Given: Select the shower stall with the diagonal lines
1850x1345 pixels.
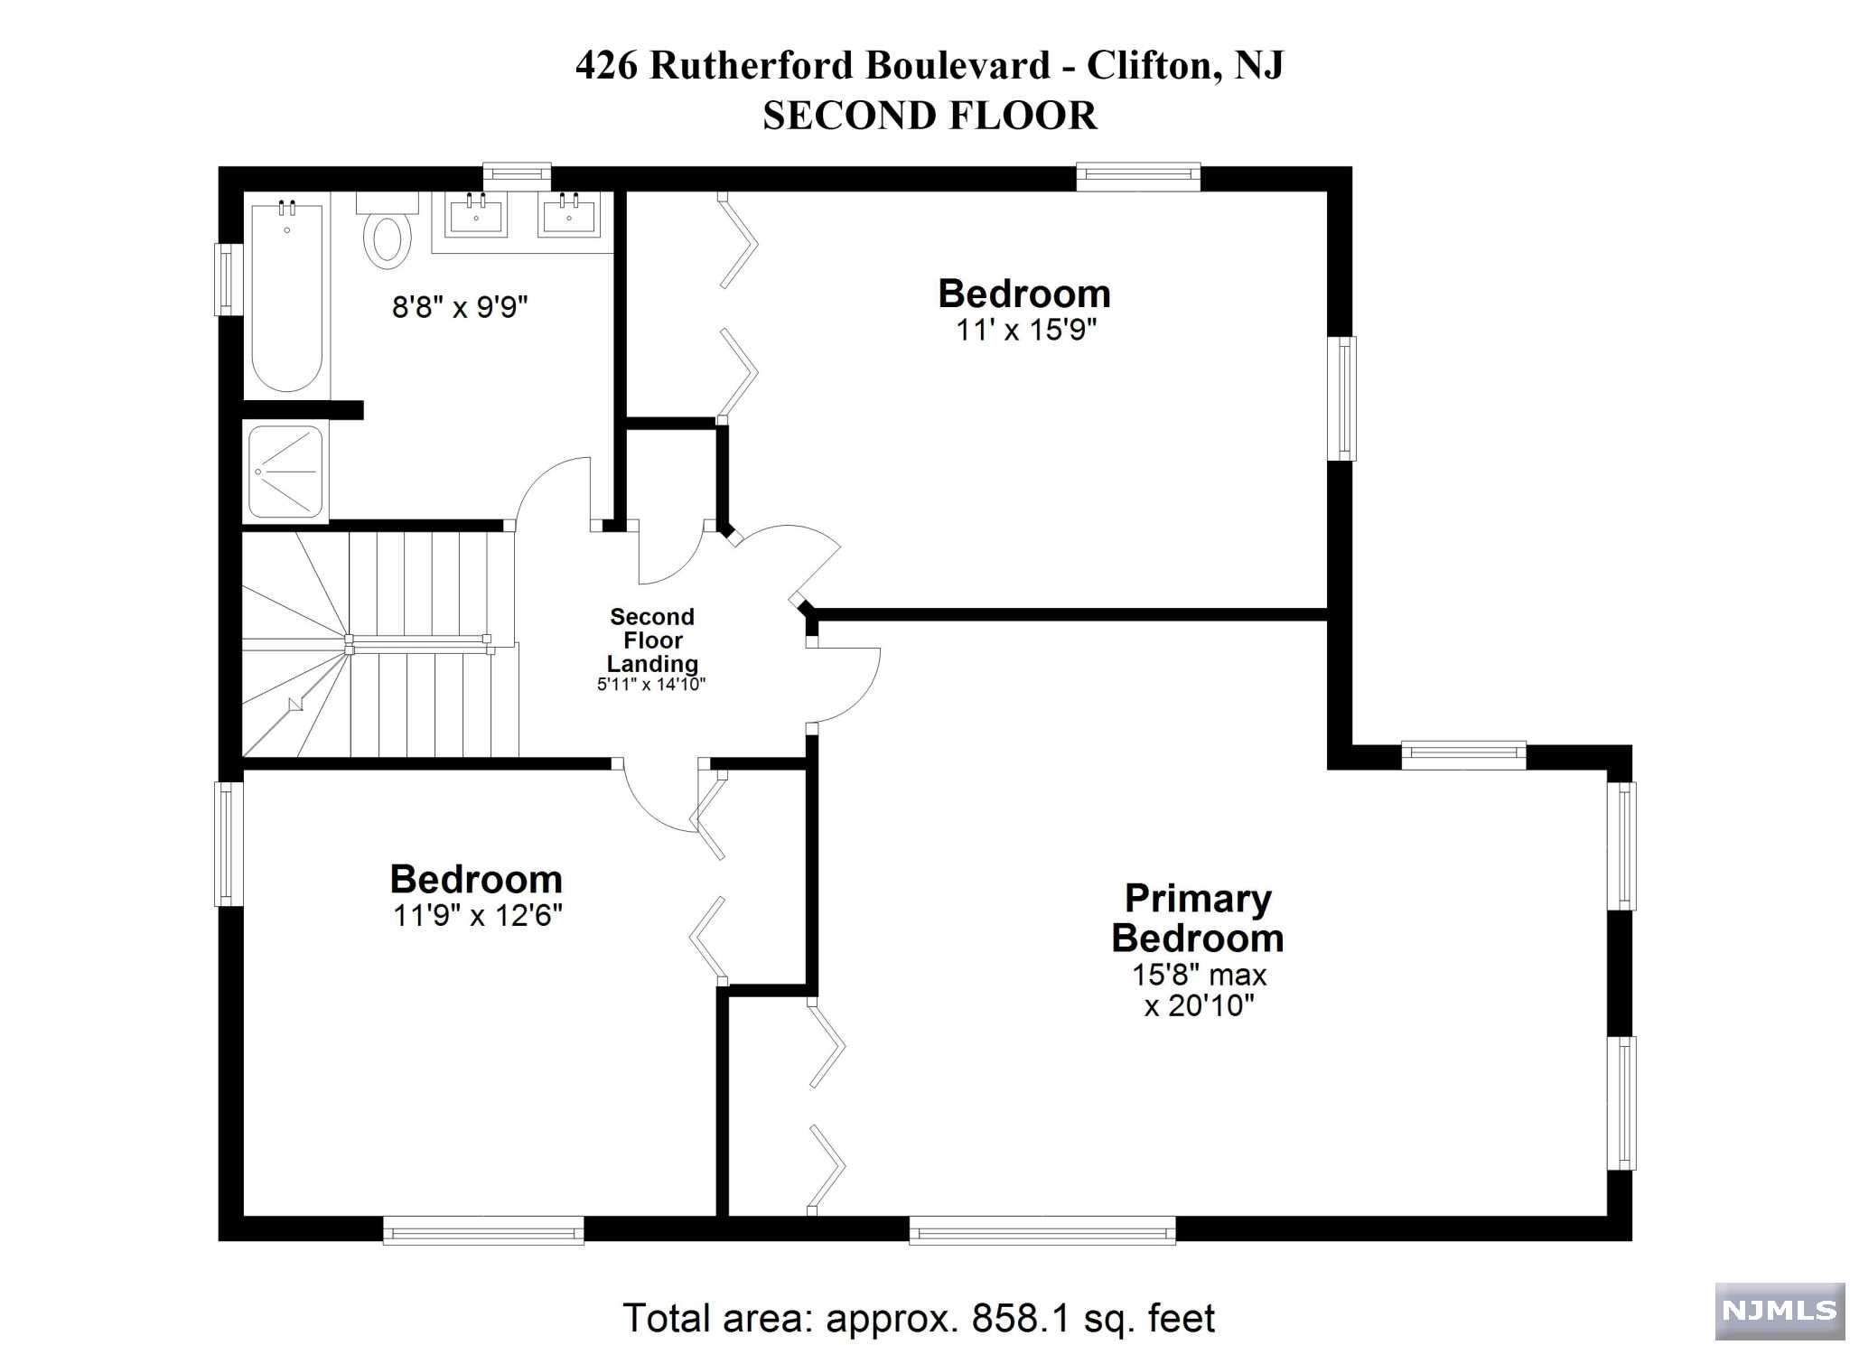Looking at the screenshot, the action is [x=285, y=472].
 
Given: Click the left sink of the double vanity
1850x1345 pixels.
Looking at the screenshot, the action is [x=476, y=217].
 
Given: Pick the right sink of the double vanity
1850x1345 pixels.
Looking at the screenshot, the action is [x=569, y=217].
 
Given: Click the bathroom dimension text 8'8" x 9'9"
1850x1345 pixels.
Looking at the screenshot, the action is [x=460, y=308].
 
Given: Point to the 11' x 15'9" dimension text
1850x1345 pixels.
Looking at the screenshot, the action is [x=1026, y=331].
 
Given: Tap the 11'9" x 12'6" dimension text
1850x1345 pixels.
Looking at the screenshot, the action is [x=477, y=916].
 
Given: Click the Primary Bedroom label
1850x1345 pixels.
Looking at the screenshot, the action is [x=1198, y=918].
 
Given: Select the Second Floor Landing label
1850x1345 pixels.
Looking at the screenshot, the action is [x=652, y=640].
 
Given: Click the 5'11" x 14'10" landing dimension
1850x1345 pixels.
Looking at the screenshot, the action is [x=651, y=685].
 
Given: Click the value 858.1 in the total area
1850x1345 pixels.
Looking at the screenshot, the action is [x=1021, y=1318].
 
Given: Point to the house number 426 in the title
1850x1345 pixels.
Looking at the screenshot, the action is [x=607, y=65].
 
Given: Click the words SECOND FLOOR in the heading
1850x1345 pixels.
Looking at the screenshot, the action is [x=930, y=116].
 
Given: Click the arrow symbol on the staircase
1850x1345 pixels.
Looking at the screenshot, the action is [x=295, y=705].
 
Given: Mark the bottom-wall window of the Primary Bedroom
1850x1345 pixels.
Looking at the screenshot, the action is [x=1042, y=1230].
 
